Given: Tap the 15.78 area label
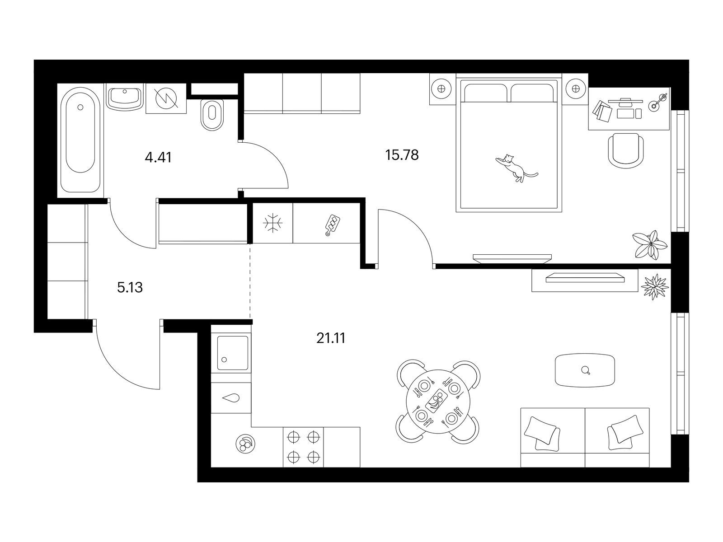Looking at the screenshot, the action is pyautogui.click(x=402, y=155).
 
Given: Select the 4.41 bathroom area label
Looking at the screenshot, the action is pyautogui.click(x=158, y=158).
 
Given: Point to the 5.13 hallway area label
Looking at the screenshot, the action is pyautogui.click(x=130, y=288).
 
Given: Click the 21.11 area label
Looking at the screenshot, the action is pyautogui.click(x=331, y=338).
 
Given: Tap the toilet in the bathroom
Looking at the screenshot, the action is pyautogui.click(x=212, y=115).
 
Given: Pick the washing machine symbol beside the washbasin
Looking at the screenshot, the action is pyautogui.click(x=167, y=98).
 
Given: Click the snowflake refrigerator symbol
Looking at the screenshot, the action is pyautogui.click(x=273, y=224).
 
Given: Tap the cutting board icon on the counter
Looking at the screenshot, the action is pyautogui.click(x=332, y=225).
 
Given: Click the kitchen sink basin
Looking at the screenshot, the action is pyautogui.click(x=233, y=353).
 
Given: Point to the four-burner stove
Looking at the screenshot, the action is pyautogui.click(x=303, y=447).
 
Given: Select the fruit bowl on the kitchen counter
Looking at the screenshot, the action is pyautogui.click(x=245, y=444).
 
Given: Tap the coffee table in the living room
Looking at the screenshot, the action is pyautogui.click(x=585, y=370).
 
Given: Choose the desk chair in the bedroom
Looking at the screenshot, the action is pyautogui.click(x=626, y=151).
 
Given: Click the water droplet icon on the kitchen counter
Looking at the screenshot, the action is pyautogui.click(x=231, y=398).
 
